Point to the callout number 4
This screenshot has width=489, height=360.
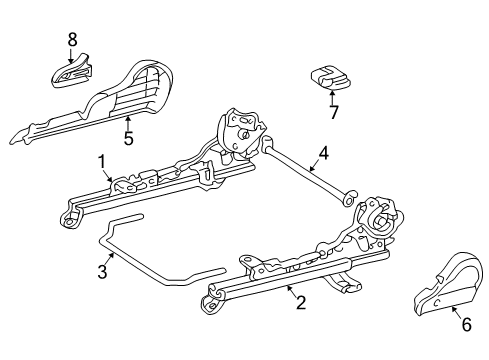coord(323,154)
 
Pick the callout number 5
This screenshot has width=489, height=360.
coord(128,138)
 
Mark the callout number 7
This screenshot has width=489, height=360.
coord(335,112)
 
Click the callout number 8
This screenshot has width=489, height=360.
coord(71,39)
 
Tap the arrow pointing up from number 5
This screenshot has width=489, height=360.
coord(128,122)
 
